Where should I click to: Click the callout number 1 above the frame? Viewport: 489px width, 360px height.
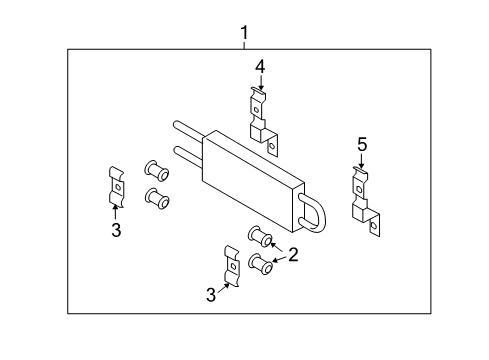[x=245, y=33]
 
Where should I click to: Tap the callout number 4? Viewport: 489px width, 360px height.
[x=260, y=67]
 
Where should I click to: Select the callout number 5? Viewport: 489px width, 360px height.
[x=362, y=145]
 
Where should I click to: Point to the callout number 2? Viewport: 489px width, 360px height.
[x=293, y=255]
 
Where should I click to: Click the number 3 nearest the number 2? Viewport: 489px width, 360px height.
[x=211, y=295]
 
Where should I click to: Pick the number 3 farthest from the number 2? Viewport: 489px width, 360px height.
[x=116, y=230]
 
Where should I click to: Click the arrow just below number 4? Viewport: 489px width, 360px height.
[x=260, y=82]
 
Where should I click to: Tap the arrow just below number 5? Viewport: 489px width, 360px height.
[x=361, y=161]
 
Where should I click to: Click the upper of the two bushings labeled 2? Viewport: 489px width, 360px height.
[x=260, y=236]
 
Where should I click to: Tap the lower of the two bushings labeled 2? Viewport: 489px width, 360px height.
[x=261, y=264]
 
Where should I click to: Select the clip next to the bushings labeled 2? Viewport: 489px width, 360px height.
[x=232, y=266]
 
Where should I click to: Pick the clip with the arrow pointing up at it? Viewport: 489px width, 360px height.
[x=117, y=187]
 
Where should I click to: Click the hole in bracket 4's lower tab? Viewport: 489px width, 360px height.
[x=272, y=145]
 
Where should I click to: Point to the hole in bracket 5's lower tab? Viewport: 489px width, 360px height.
[x=374, y=226]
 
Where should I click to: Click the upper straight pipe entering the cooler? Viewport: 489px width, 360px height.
[x=189, y=129]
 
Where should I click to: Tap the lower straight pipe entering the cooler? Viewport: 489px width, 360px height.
[x=187, y=155]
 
